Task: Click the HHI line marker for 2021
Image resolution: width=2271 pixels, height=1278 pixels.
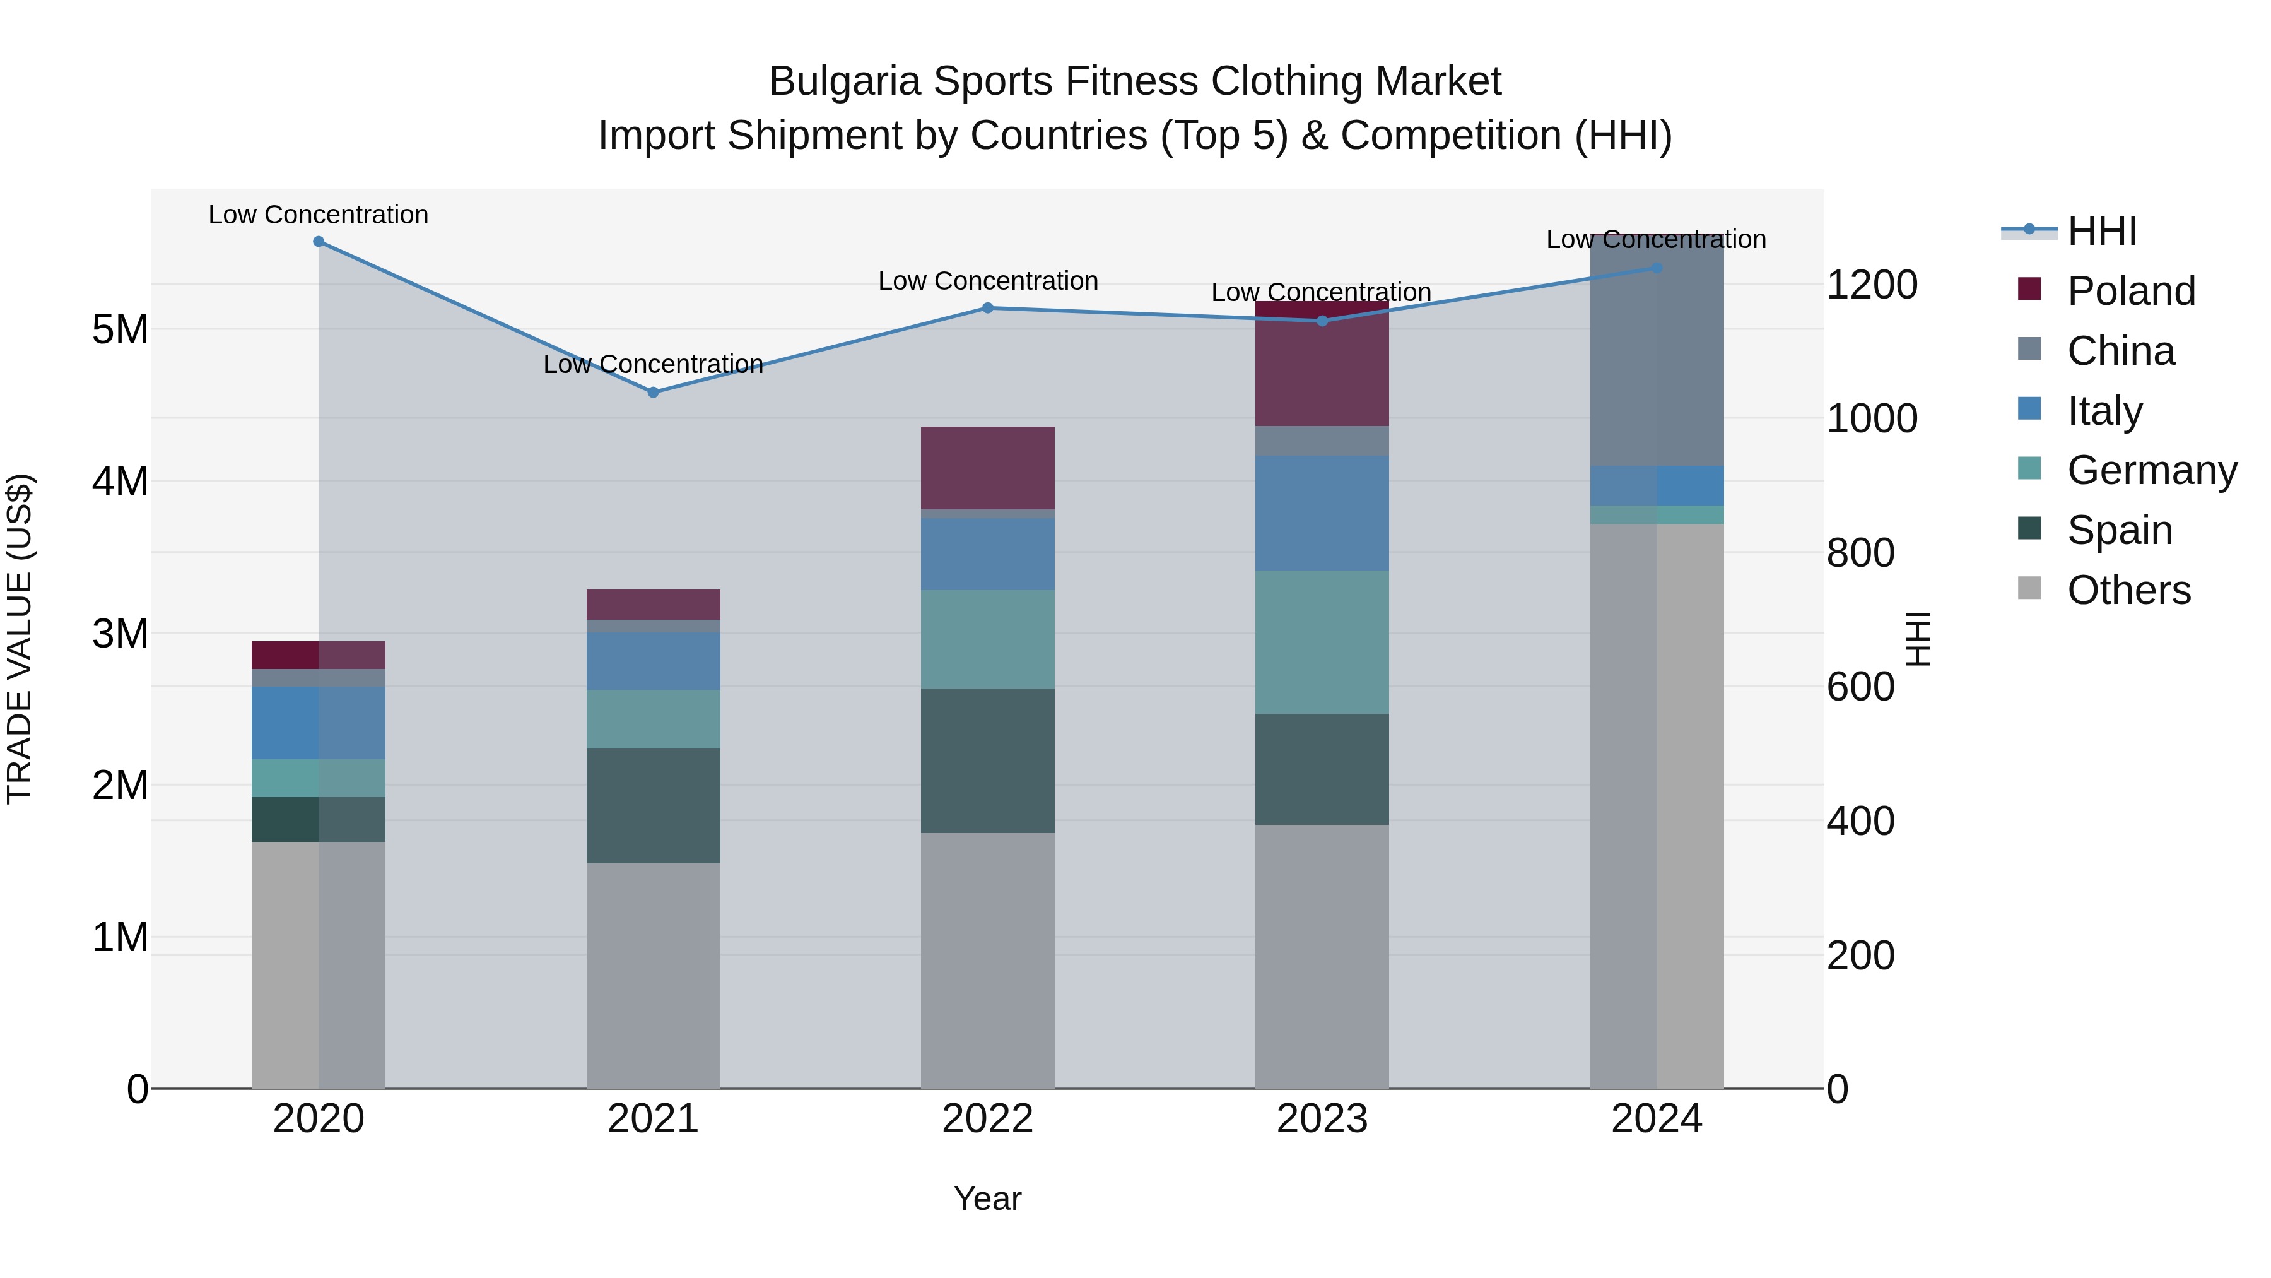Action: (x=654, y=393)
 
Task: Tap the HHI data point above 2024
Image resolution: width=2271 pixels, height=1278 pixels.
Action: (x=1657, y=268)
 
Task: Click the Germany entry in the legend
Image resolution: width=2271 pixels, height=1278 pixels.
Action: (x=2151, y=470)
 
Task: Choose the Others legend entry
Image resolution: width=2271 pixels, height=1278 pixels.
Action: (x=2128, y=590)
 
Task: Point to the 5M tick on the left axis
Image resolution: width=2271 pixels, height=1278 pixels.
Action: (x=120, y=330)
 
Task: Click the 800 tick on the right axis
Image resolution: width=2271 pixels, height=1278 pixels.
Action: (x=1860, y=553)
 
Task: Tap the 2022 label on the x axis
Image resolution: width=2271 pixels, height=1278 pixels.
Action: (x=987, y=1119)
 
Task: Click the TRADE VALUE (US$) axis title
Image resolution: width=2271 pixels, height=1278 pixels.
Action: (x=20, y=639)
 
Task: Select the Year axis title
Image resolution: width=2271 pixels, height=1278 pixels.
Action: (x=987, y=1198)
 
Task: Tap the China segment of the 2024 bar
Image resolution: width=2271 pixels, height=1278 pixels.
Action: (x=1657, y=353)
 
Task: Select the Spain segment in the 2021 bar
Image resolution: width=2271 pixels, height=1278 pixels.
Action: (x=654, y=805)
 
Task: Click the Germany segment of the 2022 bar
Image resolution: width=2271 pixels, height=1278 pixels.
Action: (x=987, y=639)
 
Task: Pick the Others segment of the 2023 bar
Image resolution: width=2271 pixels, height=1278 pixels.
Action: (x=1322, y=956)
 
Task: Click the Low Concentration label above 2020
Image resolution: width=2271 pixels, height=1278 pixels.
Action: (x=319, y=215)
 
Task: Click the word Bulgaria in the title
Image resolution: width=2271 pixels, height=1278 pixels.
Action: (x=845, y=81)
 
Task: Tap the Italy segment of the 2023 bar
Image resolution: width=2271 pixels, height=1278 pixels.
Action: (x=1322, y=512)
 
